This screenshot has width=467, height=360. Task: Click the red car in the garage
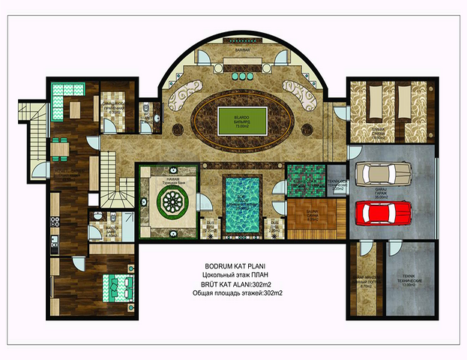[383, 212]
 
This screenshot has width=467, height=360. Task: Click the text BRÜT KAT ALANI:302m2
[235, 285]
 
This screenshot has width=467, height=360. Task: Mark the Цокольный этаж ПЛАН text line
[234, 276]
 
